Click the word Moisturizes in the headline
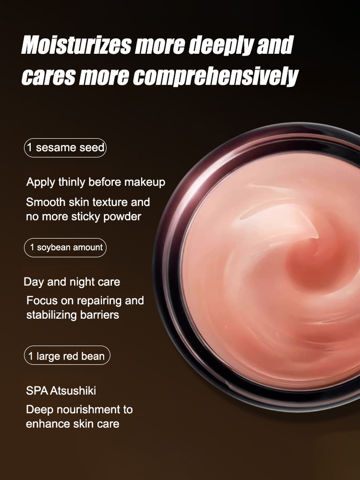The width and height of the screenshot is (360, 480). (x=76, y=46)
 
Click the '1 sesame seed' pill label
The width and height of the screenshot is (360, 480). (x=65, y=147)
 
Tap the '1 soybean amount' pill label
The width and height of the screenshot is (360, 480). (x=65, y=248)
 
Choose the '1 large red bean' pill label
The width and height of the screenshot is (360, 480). (x=67, y=356)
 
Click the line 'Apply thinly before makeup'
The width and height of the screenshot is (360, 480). (x=96, y=182)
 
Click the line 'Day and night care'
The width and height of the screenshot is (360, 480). (x=72, y=282)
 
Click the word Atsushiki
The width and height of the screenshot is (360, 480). (x=73, y=391)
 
